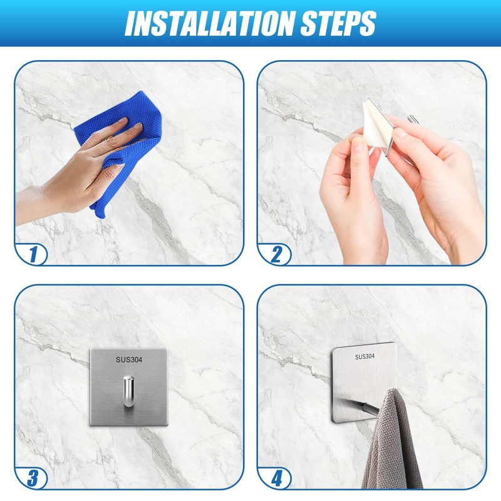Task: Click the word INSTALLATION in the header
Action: (x=210, y=23)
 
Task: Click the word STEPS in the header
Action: (x=338, y=23)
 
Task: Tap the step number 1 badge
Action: (x=33, y=255)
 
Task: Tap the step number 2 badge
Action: (x=276, y=255)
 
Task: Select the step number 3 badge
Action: (x=33, y=478)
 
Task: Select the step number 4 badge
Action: (x=276, y=478)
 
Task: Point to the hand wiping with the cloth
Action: (x=80, y=173)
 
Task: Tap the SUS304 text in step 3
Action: (x=129, y=359)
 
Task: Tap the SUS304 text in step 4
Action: (x=365, y=356)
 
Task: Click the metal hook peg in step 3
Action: (x=128, y=391)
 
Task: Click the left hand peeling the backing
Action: (x=353, y=195)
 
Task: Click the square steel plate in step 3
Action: (x=128, y=387)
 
